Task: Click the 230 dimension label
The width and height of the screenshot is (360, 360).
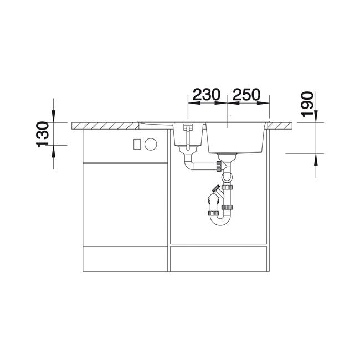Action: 207,94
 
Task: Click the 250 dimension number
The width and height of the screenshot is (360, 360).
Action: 246,94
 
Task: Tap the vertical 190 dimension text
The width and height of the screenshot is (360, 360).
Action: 307,105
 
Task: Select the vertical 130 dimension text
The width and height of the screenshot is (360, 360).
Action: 43,135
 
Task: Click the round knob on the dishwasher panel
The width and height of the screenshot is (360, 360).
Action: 151,144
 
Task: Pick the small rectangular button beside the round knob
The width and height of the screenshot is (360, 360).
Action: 137,144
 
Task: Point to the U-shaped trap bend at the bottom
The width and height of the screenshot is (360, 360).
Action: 220,220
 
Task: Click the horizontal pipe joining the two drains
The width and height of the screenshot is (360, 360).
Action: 204,167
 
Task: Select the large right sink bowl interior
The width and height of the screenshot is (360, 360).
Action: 236,138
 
